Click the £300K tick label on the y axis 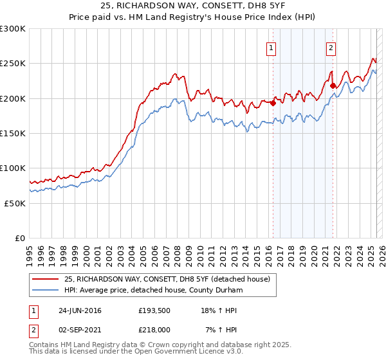[x=13, y=29]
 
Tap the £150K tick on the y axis [x=13, y=133]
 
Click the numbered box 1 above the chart [x=271, y=48]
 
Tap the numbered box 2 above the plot [x=331, y=48]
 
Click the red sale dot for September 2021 [x=333, y=85]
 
